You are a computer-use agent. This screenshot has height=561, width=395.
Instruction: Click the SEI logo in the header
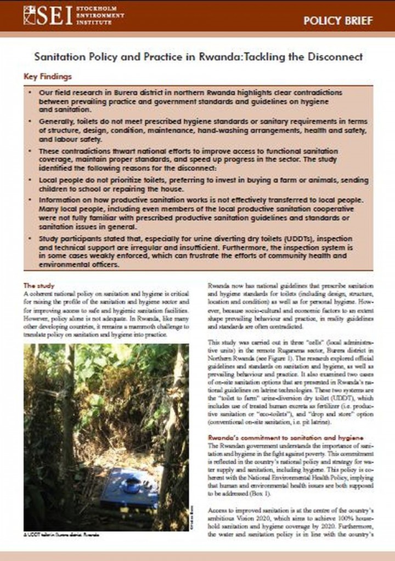click(48, 15)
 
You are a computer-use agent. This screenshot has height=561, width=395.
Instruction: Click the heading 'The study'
click(37, 285)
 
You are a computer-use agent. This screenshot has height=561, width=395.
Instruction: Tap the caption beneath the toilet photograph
click(61, 534)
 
